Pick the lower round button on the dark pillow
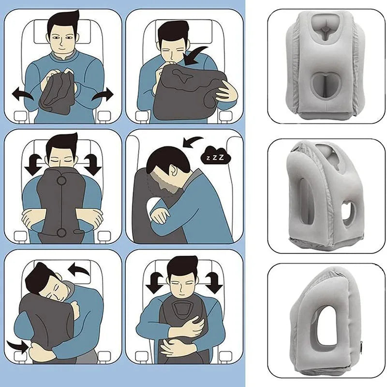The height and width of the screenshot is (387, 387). [x=61, y=233]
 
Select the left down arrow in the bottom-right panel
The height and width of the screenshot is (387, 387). [x=154, y=283]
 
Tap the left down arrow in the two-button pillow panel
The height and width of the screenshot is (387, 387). [x=31, y=165]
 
